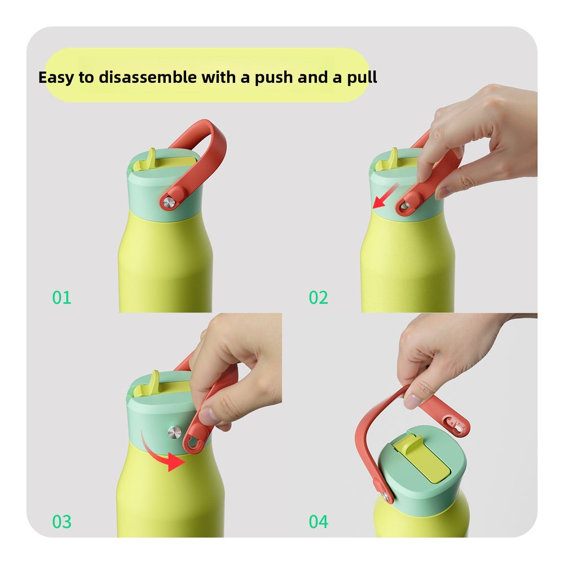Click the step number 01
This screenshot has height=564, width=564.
coord(61,297)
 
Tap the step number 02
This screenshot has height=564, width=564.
coord(318,297)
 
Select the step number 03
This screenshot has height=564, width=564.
coord(61,522)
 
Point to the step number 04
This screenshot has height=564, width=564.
coord(318,522)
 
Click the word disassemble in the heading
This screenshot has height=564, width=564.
coord(148,77)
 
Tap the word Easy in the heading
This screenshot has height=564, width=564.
coord(56,78)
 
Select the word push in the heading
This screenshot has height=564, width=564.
coord(274,78)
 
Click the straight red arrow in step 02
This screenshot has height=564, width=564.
coord(385,196)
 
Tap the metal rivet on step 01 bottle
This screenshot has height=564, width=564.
coord(169,203)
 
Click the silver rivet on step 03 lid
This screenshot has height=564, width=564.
coord(175,432)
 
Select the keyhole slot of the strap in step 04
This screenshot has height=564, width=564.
coord(454,425)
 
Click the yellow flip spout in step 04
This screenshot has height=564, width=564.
coord(421,457)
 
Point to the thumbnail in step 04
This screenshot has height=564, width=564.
coord(412,401)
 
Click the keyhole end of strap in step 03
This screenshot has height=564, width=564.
coord(195,442)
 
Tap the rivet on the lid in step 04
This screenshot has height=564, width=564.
coord(385,496)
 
